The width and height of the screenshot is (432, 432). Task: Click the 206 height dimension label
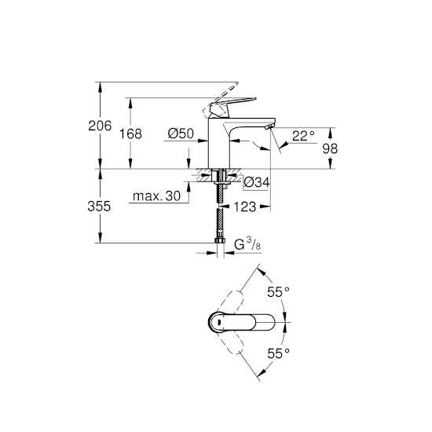100,126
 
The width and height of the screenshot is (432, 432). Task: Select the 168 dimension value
130,134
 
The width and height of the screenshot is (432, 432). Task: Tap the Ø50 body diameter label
181,134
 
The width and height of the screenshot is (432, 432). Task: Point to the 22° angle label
303,136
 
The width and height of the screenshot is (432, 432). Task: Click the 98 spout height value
330,148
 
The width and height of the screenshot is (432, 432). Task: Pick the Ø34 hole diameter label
257,182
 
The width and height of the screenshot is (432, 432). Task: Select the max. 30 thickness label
156,196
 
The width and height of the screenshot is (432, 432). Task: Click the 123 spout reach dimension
245,207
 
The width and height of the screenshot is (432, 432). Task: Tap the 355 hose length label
99,206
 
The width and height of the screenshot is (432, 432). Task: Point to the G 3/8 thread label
247,244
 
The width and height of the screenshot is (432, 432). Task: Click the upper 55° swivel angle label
278,291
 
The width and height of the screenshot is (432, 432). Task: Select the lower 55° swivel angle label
278,353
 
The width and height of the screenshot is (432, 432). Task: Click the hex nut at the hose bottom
220,240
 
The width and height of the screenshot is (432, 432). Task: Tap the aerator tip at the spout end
269,127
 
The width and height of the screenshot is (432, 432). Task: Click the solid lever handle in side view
232,108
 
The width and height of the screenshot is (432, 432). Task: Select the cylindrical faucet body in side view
219,143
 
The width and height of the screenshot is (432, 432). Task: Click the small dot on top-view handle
218,322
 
